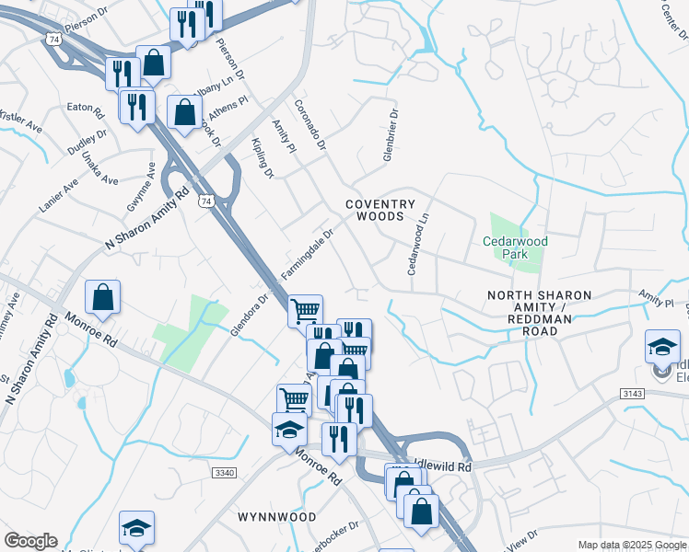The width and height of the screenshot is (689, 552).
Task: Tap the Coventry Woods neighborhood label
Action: point(380,210)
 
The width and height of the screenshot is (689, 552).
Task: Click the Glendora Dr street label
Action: point(249,313)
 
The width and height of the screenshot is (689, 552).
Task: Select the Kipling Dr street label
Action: point(263,157)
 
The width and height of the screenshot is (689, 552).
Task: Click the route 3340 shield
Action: point(224,472)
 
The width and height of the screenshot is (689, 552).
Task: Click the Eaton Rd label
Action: point(85,108)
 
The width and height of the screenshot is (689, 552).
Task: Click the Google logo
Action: point(30,541)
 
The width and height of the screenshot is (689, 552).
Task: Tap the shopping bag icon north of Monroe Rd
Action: point(102,297)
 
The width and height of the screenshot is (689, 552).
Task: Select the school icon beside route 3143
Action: point(662,348)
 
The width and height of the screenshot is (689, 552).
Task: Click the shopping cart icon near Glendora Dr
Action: point(305,310)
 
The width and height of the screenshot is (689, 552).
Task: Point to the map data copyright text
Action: point(631,545)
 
